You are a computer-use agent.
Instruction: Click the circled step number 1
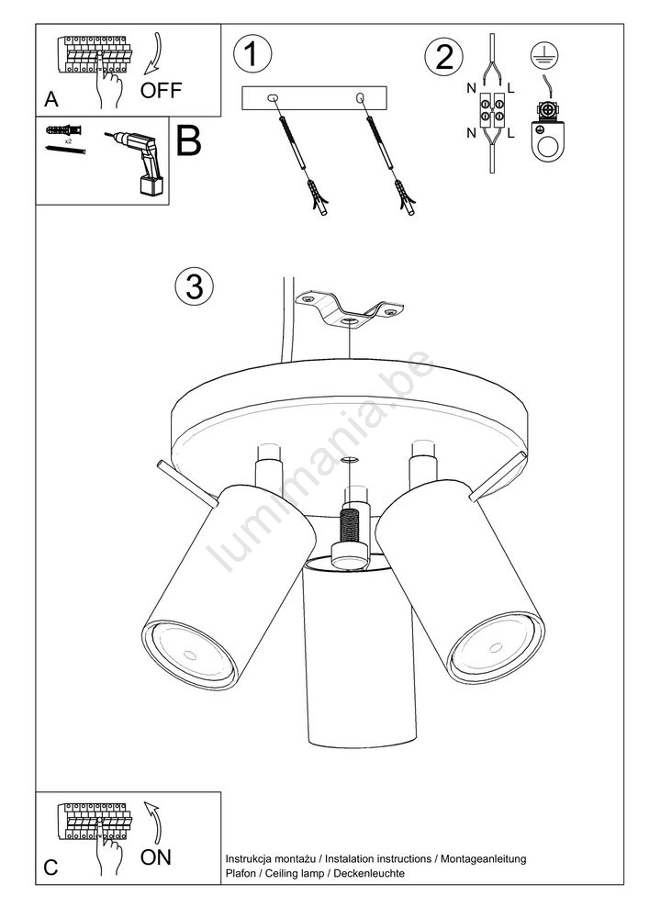click(252, 54)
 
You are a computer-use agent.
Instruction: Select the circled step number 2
click(443, 57)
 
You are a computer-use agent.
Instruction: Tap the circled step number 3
click(195, 286)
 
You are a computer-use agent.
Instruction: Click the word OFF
click(161, 90)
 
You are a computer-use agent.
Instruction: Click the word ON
click(156, 857)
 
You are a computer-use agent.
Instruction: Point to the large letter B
click(188, 141)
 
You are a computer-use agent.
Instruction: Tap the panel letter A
click(51, 99)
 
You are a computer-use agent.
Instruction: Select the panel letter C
click(50, 868)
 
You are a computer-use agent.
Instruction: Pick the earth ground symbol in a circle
click(544, 55)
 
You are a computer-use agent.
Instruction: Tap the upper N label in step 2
click(471, 88)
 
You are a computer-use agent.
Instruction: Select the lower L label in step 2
click(511, 133)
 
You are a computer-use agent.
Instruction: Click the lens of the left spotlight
click(190, 654)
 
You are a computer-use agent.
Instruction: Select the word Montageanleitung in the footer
click(484, 859)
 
